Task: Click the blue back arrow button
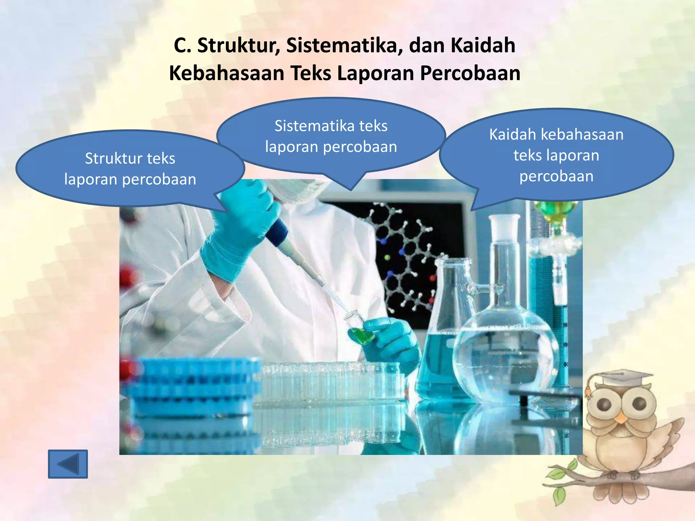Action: tap(68, 464)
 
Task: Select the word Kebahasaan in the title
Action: tap(226, 74)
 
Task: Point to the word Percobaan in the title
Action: tap(470, 74)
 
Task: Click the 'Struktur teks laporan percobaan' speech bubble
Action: tap(130, 169)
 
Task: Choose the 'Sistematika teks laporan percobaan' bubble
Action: tap(331, 136)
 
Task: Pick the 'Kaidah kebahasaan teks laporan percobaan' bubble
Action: tap(556, 155)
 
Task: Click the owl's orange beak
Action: tap(621, 418)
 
